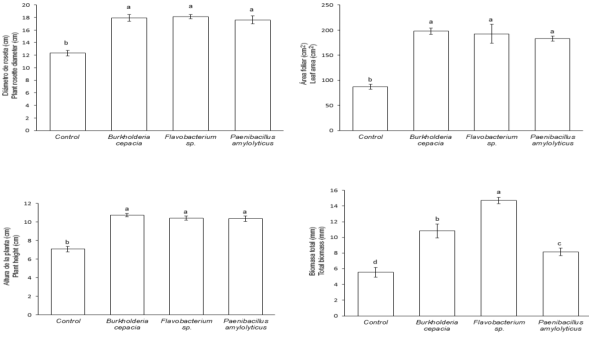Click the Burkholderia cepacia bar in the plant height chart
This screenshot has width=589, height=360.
[128, 265]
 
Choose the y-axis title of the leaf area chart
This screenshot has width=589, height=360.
[311, 70]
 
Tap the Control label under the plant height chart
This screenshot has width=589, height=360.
[68, 321]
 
